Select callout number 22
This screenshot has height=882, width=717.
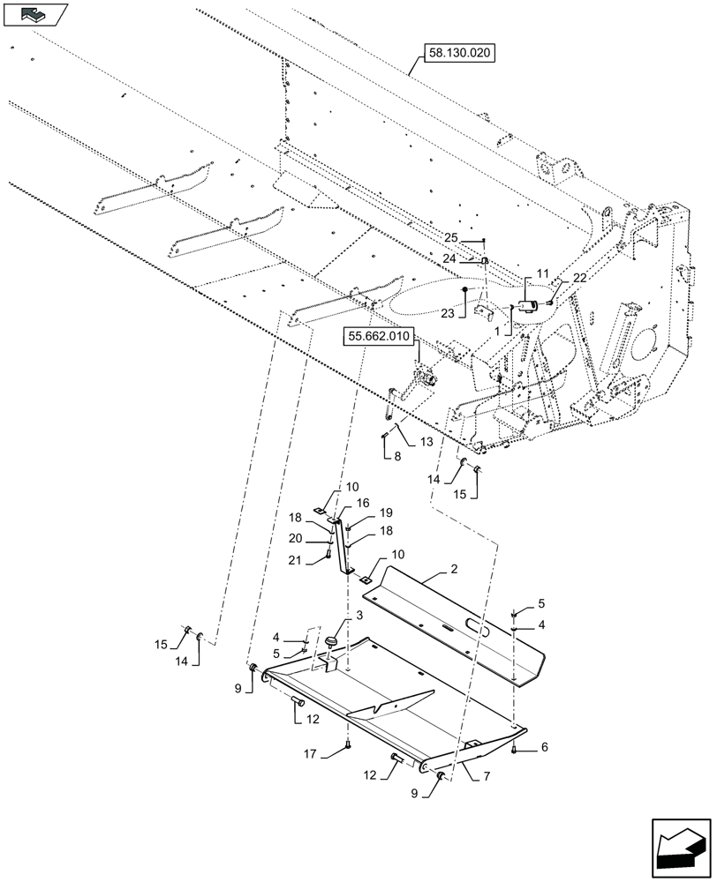[x=579, y=278]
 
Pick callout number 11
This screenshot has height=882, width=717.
[x=542, y=275]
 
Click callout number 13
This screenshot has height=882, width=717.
[x=426, y=442]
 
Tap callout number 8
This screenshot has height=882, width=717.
[x=396, y=457]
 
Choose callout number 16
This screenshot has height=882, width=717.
[x=363, y=502]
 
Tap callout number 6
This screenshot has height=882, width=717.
[x=542, y=747]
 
